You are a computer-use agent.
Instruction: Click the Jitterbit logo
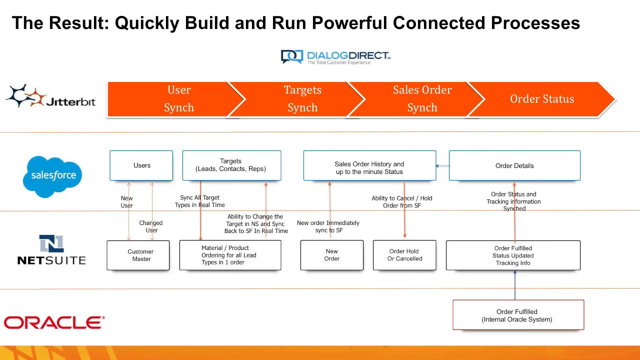(x=50, y=96)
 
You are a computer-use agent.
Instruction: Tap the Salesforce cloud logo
(x=53, y=175)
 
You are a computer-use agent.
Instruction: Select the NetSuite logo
(x=51, y=250)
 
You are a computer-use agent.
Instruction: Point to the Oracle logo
(x=54, y=322)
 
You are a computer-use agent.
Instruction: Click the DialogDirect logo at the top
(x=335, y=56)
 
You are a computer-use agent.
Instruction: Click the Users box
(x=141, y=165)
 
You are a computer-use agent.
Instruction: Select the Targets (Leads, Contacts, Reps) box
(x=231, y=165)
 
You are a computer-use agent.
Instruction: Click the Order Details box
(x=514, y=166)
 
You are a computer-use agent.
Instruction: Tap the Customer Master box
(x=138, y=255)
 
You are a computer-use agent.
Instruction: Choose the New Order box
(x=331, y=255)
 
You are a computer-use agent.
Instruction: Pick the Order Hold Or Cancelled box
(x=404, y=255)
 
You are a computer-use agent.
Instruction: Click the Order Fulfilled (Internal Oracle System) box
(x=518, y=315)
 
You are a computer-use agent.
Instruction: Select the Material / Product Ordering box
(x=230, y=255)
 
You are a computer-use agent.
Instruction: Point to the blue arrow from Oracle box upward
(x=515, y=285)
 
